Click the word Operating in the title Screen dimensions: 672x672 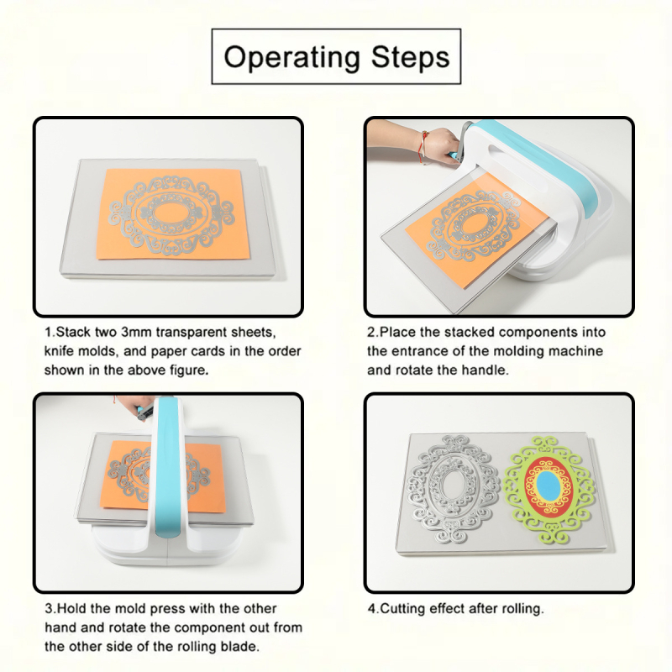[292, 57]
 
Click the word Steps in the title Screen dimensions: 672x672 [411, 56]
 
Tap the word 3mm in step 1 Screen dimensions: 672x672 [136, 332]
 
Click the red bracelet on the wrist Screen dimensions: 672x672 [423, 147]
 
